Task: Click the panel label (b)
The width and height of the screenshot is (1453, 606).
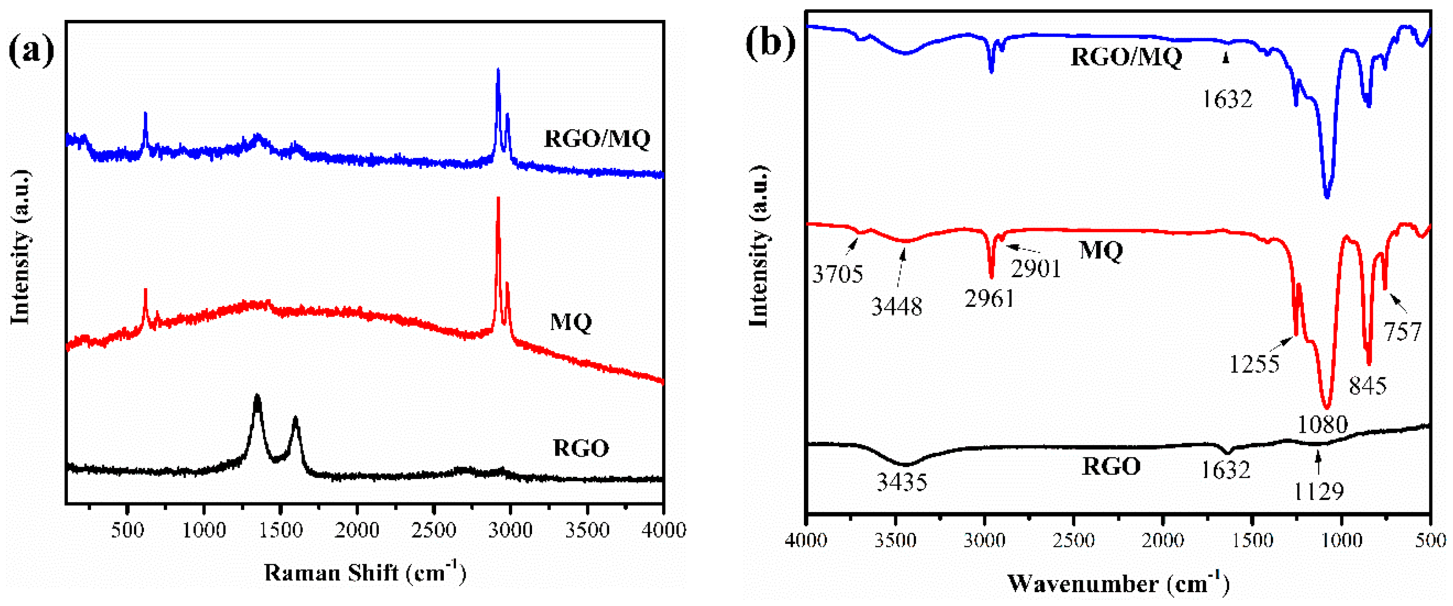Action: coord(770,42)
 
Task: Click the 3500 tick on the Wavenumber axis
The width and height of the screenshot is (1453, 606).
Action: coord(896,540)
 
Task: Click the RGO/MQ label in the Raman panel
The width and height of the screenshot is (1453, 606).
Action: coord(597,138)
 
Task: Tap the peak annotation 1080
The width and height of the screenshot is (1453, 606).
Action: coord(1323,424)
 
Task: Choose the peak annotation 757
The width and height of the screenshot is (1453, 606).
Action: coord(1403,331)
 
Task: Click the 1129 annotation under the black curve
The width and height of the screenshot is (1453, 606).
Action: coord(1318,491)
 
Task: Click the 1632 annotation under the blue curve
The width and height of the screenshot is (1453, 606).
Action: coord(1227,99)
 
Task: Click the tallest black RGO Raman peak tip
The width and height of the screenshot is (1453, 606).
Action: coord(257,397)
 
